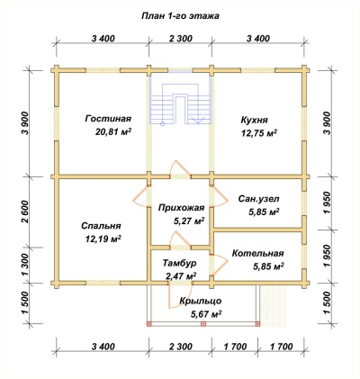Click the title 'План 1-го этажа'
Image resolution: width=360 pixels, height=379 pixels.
point(180,16)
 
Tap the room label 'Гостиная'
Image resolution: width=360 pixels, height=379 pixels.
point(108,119)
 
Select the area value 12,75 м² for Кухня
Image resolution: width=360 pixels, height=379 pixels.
point(259,133)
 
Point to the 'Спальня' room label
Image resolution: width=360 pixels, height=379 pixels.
point(101,226)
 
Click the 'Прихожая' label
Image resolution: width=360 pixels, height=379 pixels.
point(182,208)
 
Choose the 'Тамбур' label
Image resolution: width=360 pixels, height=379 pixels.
point(180,263)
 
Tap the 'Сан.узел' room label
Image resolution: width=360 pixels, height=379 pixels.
point(259,199)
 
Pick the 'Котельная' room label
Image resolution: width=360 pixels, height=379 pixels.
point(258,253)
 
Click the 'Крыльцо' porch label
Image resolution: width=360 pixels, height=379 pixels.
point(201,301)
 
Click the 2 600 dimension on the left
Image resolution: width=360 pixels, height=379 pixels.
point(26,212)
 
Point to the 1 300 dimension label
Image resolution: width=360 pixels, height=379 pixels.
point(26,265)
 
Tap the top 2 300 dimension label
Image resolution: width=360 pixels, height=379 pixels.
point(180,39)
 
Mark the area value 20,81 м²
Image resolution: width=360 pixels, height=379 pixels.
point(114,131)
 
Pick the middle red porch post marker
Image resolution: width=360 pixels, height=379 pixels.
point(203,324)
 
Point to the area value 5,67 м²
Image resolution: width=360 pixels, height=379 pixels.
point(206,314)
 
